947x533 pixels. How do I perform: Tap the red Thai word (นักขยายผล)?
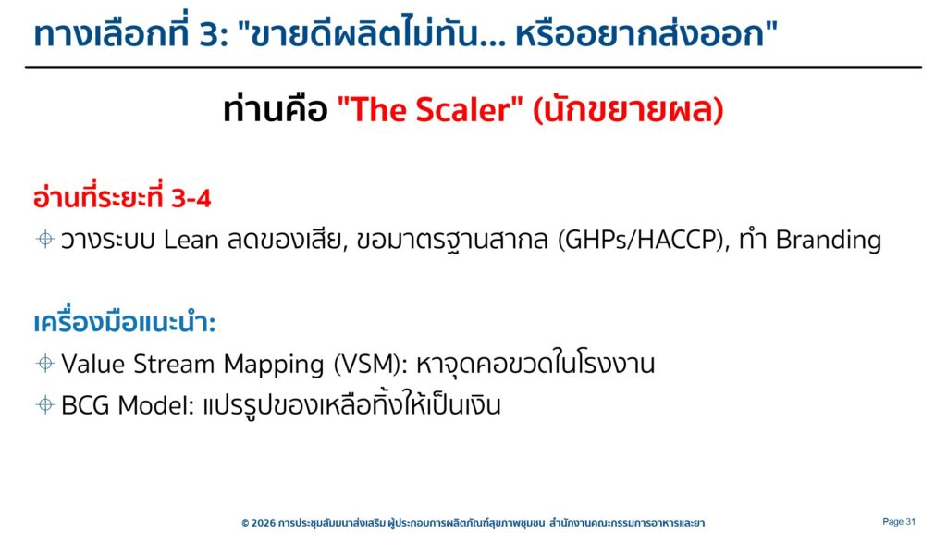628,110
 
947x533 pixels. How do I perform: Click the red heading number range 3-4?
191,198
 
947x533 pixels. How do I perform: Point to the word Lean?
191,240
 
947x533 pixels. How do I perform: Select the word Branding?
829,241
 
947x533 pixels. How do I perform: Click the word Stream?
174,364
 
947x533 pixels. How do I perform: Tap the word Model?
153,405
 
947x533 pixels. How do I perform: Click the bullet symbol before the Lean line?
45,239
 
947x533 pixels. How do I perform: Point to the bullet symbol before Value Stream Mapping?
45,363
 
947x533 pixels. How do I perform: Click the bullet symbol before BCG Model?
45,404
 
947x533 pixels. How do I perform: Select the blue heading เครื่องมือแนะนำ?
125,321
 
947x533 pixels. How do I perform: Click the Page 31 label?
899,521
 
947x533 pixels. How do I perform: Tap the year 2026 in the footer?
264,523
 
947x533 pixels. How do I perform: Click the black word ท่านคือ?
276,110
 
